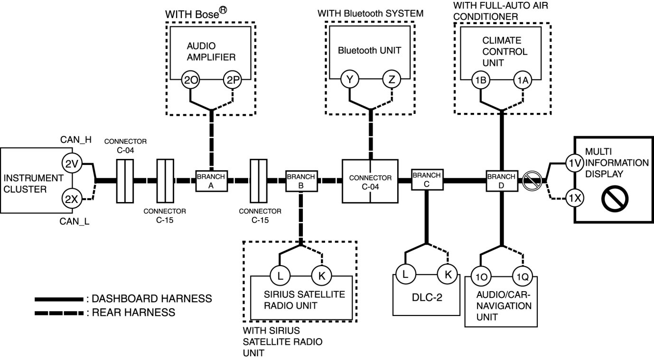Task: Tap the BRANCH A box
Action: [x=212, y=181]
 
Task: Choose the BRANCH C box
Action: [x=426, y=179]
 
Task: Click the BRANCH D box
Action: [x=502, y=180]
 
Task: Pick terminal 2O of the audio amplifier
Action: [x=191, y=81]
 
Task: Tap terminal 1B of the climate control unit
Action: [x=479, y=81]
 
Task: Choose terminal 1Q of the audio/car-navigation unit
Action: [x=522, y=277]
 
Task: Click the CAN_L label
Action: [x=74, y=221]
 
